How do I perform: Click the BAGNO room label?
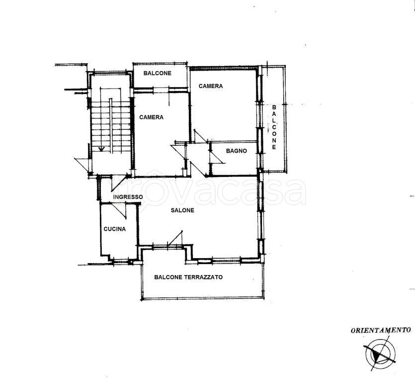[237, 151]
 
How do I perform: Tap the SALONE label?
[182, 210]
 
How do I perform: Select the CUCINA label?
[115, 229]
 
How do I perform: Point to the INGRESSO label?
[128, 197]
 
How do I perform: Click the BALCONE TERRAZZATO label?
[188, 277]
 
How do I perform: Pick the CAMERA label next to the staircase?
[152, 117]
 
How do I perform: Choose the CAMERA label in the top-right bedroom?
[211, 86]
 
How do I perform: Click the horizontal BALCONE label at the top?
[158, 73]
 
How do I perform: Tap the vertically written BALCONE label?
[274, 127]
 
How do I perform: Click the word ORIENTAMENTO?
[381, 330]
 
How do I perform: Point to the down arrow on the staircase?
[101, 149]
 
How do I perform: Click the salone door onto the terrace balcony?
[175, 238]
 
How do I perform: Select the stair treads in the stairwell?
[111, 128]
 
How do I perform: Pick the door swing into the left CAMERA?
[179, 152]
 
